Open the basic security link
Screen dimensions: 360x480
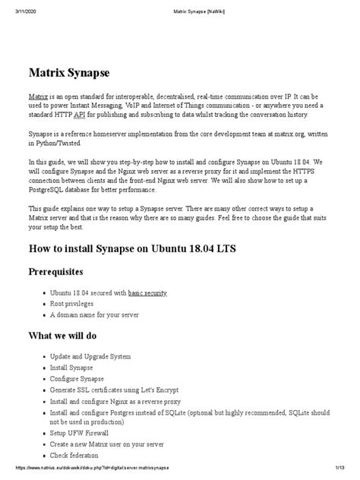point(147,292)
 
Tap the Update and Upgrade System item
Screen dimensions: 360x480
point(90,356)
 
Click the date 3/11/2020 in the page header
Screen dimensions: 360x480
point(16,5)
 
